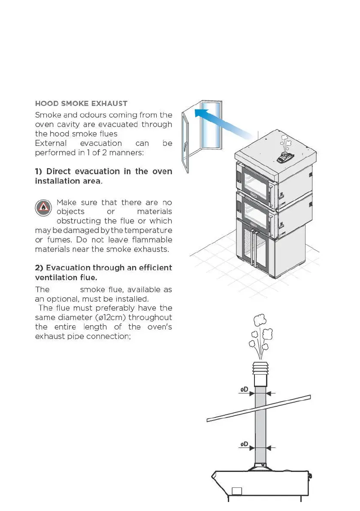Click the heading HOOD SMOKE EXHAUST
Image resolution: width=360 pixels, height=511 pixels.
coord(81,103)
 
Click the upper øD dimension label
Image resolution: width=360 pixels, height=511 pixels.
coord(244,390)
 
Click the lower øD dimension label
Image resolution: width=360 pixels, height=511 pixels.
coord(244,444)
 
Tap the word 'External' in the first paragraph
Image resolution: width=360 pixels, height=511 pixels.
coord(51,143)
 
